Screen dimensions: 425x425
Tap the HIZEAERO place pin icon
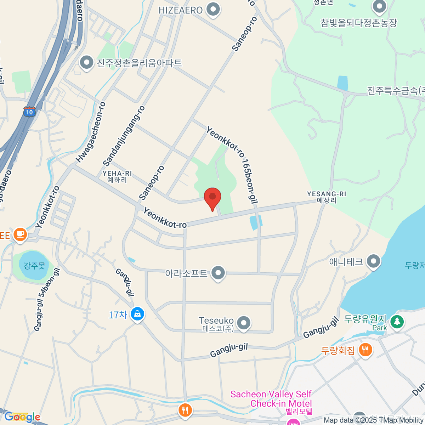coord(213,10)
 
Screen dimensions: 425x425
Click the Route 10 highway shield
coord(29,112)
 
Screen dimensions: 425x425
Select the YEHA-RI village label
coord(117,176)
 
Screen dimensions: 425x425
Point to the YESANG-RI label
coord(326,197)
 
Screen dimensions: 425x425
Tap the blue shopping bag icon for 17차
coord(137,314)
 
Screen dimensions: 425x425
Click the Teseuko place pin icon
coord(243,323)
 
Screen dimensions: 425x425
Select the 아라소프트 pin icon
coord(218,273)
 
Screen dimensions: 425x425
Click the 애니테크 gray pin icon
coord(373,261)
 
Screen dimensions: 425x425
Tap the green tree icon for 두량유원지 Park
coord(397,322)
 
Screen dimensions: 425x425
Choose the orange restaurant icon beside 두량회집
coord(365,350)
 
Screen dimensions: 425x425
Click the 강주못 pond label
coord(34,265)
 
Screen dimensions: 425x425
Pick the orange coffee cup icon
coord(20,234)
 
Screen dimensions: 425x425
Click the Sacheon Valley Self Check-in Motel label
coord(271,399)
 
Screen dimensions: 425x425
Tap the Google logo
coord(22,417)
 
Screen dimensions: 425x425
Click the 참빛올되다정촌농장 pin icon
coord(379,6)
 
